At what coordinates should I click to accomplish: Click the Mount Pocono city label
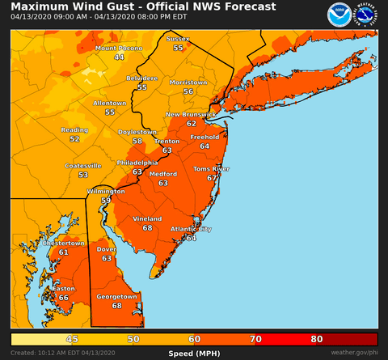[119, 49]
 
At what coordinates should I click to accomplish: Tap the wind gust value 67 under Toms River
[212, 178]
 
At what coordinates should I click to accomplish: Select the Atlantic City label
[192, 229]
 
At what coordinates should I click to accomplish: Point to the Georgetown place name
[117, 296]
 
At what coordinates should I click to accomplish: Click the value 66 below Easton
[63, 298]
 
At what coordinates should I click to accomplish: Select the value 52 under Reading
[74, 139]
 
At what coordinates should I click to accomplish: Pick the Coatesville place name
[83, 165]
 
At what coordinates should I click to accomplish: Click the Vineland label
[147, 218]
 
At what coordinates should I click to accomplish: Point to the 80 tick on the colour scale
[317, 340]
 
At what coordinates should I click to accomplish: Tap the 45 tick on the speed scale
[72, 340]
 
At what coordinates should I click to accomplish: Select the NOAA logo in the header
[339, 15]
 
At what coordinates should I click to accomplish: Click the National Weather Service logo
[365, 15]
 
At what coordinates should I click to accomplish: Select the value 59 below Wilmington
[106, 200]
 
